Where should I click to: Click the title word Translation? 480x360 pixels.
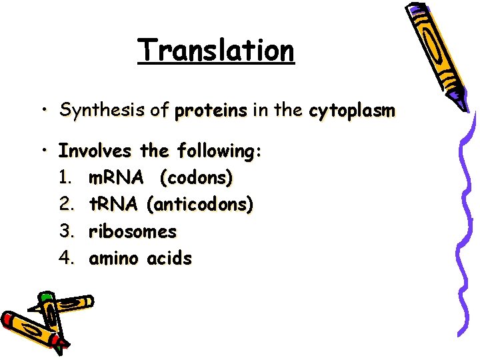point(215,50)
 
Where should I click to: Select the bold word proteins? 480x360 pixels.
point(210,110)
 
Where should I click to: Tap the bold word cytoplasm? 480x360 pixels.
point(351,110)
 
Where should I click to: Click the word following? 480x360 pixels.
point(217,152)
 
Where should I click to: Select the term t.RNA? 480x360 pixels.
point(112,205)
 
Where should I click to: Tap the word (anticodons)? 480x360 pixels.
point(203,205)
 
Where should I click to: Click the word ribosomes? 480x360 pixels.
point(133,232)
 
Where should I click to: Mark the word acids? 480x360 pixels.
point(170,259)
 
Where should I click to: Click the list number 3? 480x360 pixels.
point(65,232)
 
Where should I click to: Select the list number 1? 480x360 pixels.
point(65,178)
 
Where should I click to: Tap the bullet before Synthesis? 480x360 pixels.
point(43,109)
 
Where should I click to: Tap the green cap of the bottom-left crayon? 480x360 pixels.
point(45,297)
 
